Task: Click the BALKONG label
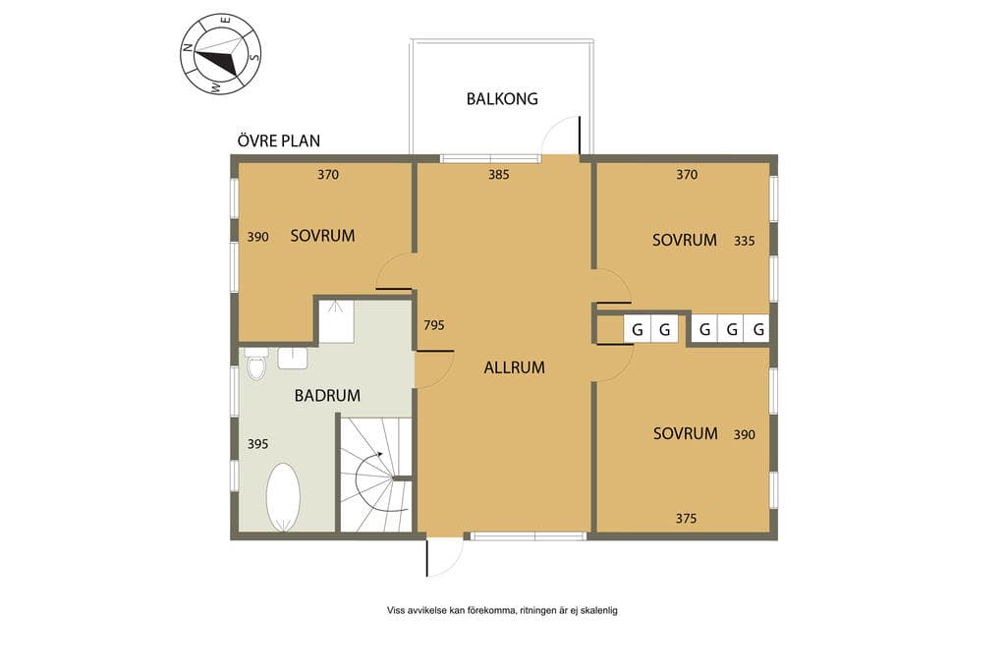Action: (x=502, y=99)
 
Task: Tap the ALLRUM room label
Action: (x=514, y=367)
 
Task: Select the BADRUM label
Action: (x=327, y=396)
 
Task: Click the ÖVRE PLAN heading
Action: (x=278, y=140)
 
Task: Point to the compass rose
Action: (x=220, y=54)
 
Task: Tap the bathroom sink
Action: (x=293, y=358)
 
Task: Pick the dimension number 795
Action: (x=433, y=325)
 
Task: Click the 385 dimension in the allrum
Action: (x=498, y=175)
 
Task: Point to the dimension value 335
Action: (x=745, y=242)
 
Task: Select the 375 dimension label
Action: (x=686, y=519)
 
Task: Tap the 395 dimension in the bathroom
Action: (x=258, y=444)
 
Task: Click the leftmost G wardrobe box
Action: (x=637, y=330)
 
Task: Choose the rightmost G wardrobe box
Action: (x=758, y=330)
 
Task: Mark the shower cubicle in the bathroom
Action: (x=337, y=321)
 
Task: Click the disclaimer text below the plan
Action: (x=502, y=611)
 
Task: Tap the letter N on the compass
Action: (x=188, y=47)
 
